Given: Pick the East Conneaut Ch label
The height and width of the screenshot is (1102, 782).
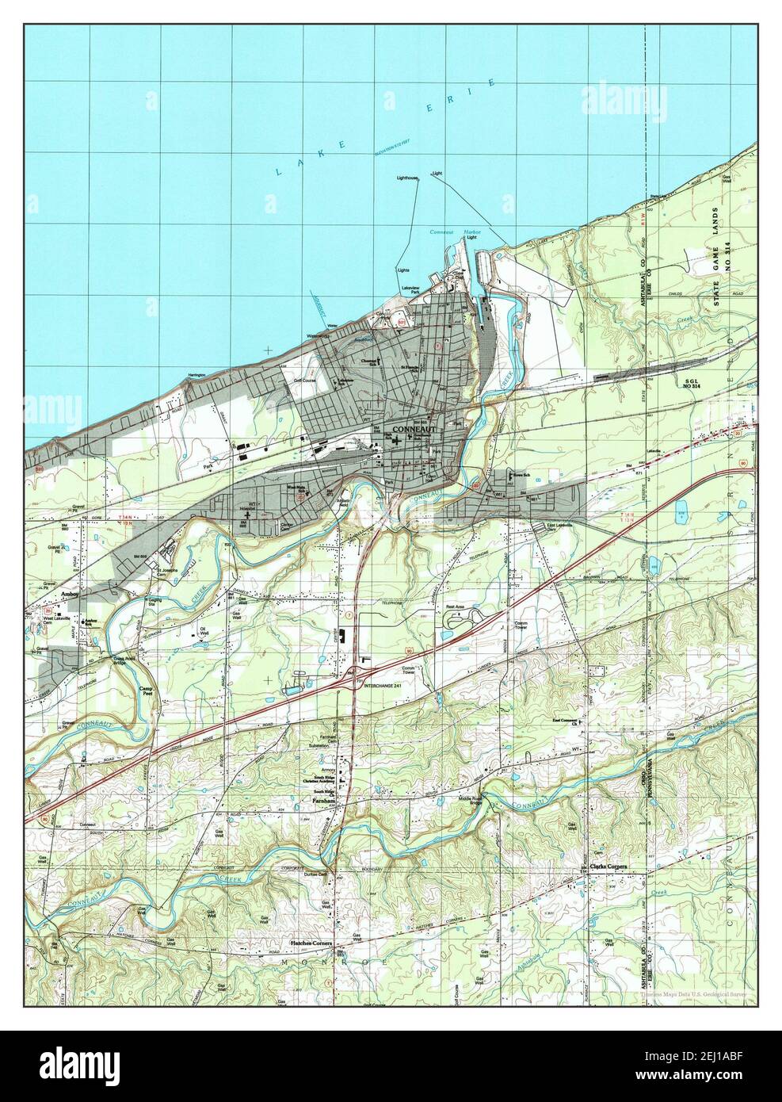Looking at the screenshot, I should [x=567, y=721].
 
